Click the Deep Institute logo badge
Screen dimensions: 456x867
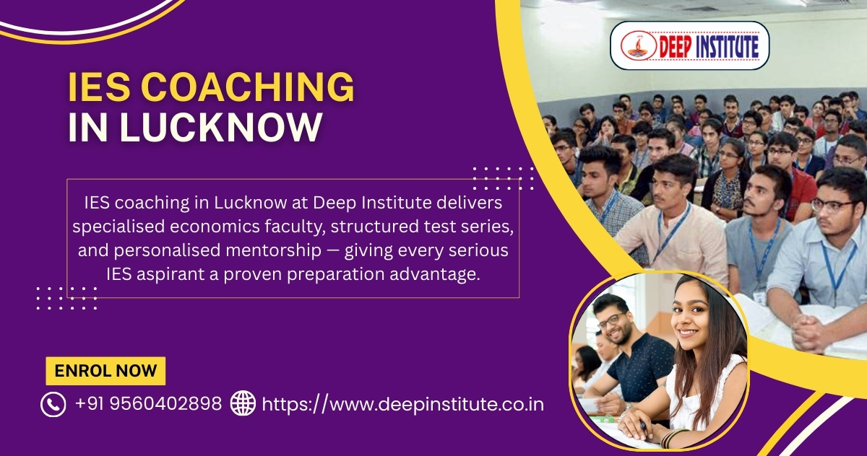pyautogui.click(x=689, y=45)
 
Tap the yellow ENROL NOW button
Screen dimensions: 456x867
pyautogui.click(x=105, y=371)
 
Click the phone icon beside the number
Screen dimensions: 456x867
pyautogui.click(x=53, y=404)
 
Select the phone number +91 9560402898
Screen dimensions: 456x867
pyautogui.click(x=148, y=404)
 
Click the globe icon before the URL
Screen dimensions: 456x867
pyautogui.click(x=243, y=403)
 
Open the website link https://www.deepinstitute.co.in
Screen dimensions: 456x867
pyautogui.click(x=402, y=404)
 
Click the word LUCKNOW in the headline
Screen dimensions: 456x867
pyautogui.click(x=220, y=127)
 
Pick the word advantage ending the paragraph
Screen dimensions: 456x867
pyautogui.click(x=435, y=274)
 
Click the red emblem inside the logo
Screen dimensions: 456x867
pyautogui.click(x=638, y=45)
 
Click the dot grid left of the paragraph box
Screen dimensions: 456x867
pyautogui.click(x=66, y=297)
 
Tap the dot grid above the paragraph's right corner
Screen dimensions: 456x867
pyautogui.click(x=504, y=177)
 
